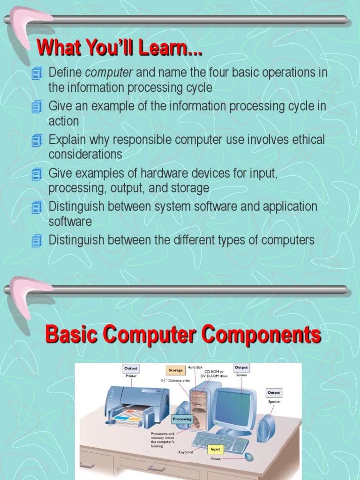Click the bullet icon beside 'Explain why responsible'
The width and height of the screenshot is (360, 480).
pyautogui.click(x=37, y=141)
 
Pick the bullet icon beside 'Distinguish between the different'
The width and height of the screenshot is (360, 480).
pyautogui.click(x=37, y=241)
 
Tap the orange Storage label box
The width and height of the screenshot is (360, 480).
pyautogui.click(x=176, y=370)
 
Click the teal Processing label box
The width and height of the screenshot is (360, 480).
pyautogui.click(x=182, y=419)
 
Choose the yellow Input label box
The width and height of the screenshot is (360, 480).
pyautogui.click(x=215, y=450)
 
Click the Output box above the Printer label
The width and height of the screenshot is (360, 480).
pyautogui.click(x=131, y=368)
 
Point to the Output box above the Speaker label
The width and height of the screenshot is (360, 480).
pyautogui.click(x=274, y=392)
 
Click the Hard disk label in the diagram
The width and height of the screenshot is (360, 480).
pyautogui.click(x=195, y=367)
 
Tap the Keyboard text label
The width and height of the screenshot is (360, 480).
pyautogui.click(x=186, y=452)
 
